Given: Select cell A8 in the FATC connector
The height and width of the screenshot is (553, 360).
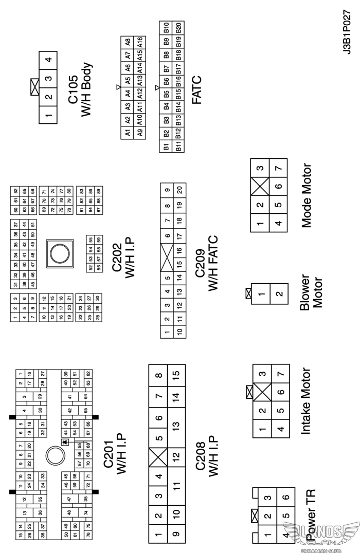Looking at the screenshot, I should point(127,42).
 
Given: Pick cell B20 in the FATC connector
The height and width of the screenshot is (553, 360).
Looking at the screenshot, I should point(178,27).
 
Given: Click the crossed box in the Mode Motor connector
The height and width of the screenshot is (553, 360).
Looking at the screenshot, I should point(260,186).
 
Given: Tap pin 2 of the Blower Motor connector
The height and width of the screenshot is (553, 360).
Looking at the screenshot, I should point(279,294).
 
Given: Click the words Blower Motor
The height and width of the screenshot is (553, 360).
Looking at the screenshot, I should point(312,290).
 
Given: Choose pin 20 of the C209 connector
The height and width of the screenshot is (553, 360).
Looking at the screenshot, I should point(179,190).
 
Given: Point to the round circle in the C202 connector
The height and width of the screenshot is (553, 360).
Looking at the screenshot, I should point(58,253).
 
